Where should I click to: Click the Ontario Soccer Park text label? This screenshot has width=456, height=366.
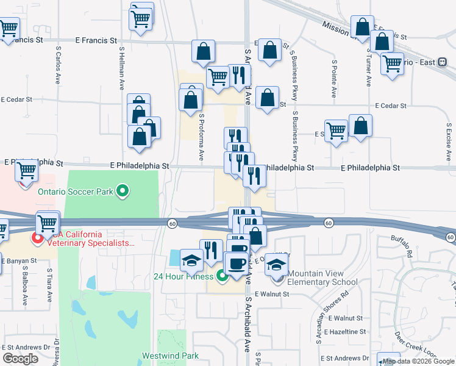coord(76,192)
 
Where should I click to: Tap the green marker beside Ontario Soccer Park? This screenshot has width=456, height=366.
coord(123,192)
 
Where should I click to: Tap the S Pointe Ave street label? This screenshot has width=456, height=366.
coord(334,79)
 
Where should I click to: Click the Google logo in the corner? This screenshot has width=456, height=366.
coord(21,358)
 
